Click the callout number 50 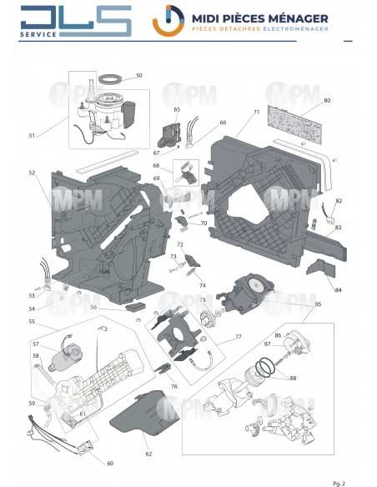click(139, 75)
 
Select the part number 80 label click(327, 100)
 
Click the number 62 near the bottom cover click(148, 454)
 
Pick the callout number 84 click(338, 289)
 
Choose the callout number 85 click(317, 304)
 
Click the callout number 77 click(238, 337)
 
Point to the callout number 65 click(177, 109)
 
